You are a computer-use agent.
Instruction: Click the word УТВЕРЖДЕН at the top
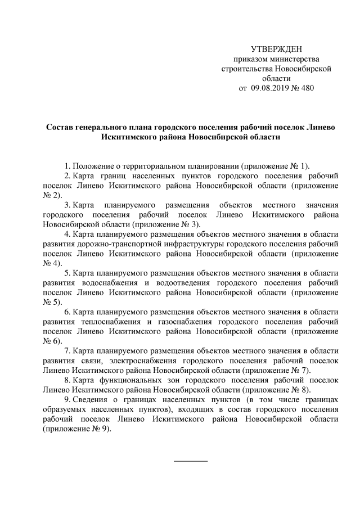[x=276, y=49]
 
